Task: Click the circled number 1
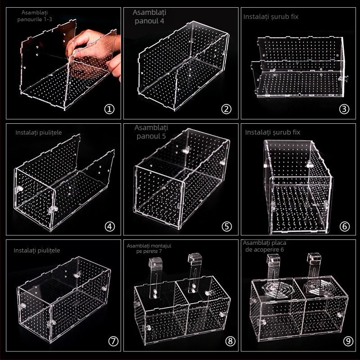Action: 109,109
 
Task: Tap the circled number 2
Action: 226,109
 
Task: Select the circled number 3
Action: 344,109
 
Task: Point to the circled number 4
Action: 109,227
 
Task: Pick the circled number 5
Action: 227,227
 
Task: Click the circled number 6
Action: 344,227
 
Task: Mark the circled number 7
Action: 113,341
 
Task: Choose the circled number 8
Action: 230,341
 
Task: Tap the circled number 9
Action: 348,341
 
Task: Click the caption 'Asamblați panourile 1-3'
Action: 35,16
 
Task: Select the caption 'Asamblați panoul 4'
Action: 149,17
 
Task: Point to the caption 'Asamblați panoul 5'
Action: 151,132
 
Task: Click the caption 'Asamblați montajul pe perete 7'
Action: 149,248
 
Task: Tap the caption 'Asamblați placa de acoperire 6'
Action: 265,246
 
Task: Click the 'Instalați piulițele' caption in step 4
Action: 39,132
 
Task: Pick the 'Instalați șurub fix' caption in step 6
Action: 273,132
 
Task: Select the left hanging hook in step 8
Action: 154,278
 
